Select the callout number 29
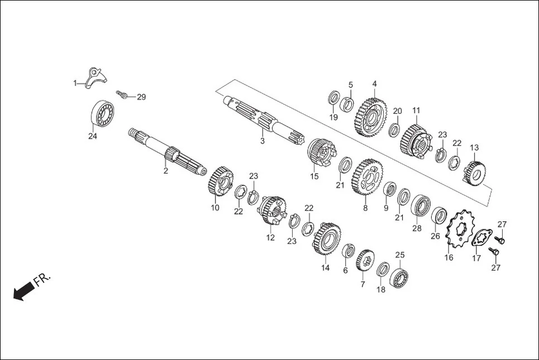click(x=141, y=97)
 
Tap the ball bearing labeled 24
click(x=103, y=114)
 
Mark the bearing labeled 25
click(x=400, y=277)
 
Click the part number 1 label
click(x=75, y=83)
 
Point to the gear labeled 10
click(x=222, y=181)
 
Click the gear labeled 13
click(x=474, y=170)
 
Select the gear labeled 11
click(x=415, y=140)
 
